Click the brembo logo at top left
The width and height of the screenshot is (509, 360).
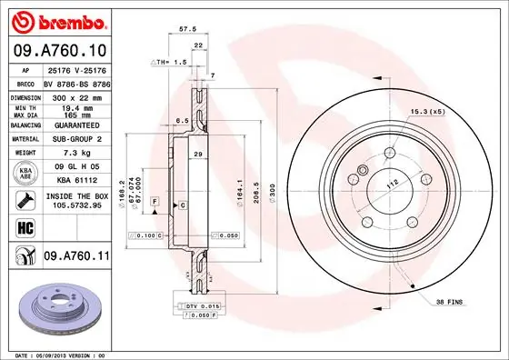57,19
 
